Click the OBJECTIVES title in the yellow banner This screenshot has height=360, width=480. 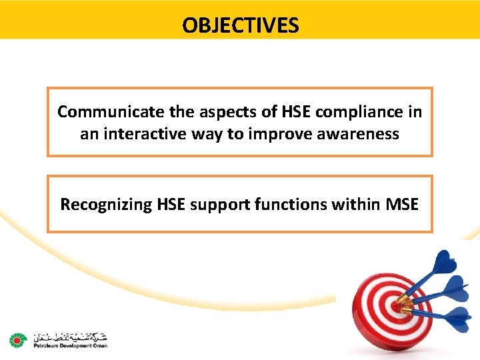(x=241, y=25)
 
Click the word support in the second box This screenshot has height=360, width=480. (x=215, y=205)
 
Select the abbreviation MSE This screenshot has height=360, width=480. (x=402, y=205)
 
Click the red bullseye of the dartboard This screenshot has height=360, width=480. (x=397, y=307)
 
